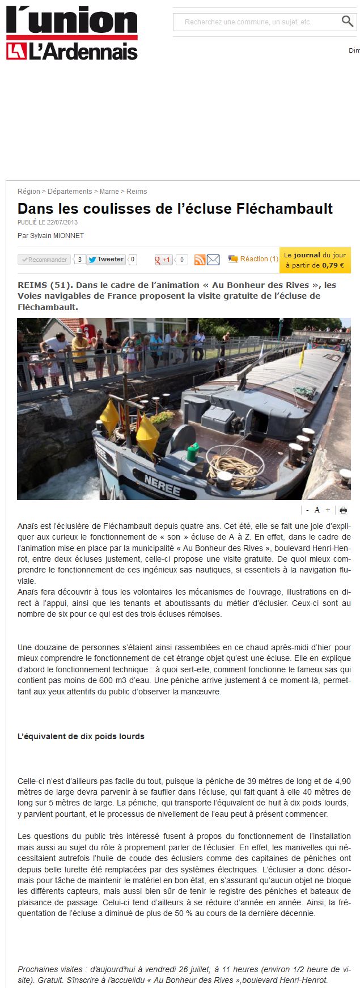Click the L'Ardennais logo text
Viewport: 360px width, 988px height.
[x=83, y=52]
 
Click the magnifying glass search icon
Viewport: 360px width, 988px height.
[x=347, y=22]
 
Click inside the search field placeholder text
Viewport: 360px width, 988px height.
[x=248, y=22]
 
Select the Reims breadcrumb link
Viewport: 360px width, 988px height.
[x=137, y=192]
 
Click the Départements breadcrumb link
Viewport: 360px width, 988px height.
[x=70, y=192]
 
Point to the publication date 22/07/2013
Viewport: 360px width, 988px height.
[x=62, y=222]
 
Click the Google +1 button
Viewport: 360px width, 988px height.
[x=163, y=260]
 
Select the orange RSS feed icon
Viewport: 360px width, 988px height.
[x=200, y=260]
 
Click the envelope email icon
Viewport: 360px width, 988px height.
[x=213, y=260]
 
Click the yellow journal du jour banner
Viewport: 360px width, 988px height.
[x=315, y=260]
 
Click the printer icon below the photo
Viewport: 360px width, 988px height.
[x=343, y=510]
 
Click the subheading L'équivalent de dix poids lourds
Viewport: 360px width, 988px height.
[x=81, y=736]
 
